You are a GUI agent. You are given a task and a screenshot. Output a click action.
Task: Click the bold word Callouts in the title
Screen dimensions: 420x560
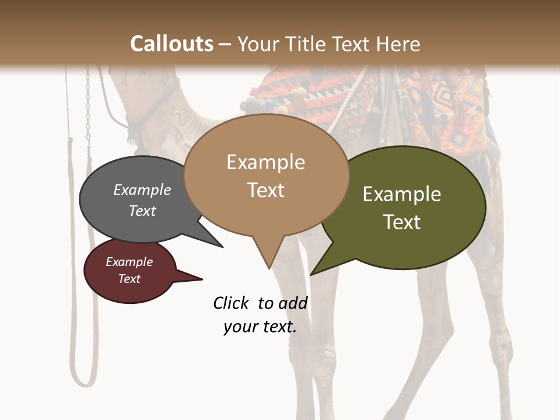[x=171, y=44]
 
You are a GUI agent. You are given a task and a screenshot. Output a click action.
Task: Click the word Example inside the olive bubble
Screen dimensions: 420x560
[x=402, y=194]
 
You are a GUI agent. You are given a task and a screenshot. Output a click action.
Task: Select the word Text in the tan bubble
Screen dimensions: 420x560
[x=266, y=190]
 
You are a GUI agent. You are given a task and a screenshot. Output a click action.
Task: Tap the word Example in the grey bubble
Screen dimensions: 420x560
[x=142, y=190]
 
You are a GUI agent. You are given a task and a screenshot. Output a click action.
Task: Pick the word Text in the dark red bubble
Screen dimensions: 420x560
[x=129, y=279]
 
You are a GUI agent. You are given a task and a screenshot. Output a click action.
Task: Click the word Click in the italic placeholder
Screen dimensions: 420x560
[x=231, y=303]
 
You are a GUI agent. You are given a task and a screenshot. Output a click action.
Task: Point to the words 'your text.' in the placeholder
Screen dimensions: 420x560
[x=260, y=327]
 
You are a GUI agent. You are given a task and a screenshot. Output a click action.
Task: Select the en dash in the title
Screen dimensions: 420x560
[x=226, y=44]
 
